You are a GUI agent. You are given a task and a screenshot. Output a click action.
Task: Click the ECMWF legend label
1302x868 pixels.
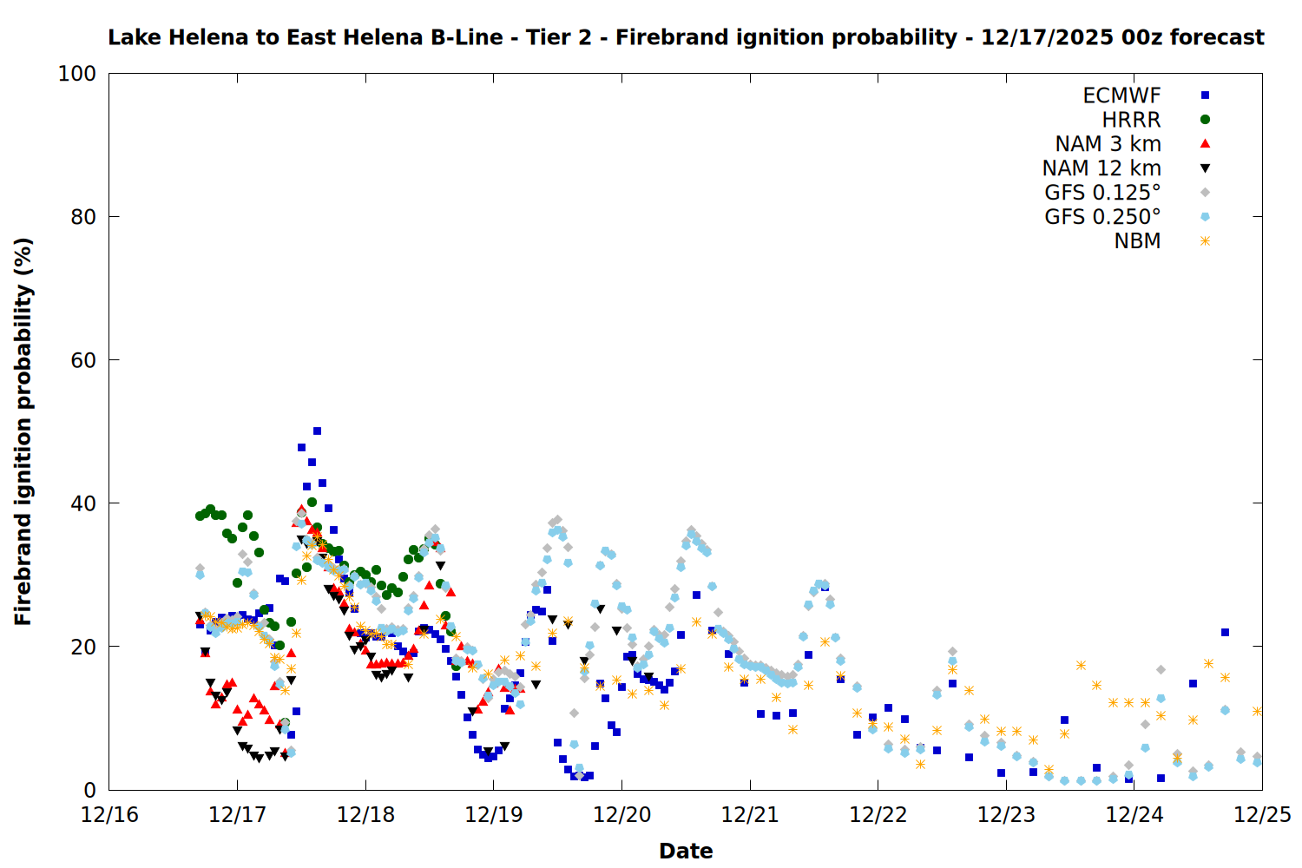pos(1121,95)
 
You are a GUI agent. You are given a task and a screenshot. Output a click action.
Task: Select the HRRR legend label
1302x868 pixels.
pos(1131,120)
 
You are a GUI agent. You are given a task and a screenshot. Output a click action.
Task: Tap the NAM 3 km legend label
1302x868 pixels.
pos(1108,144)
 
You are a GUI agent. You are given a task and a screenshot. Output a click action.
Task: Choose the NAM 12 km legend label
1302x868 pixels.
pos(1101,168)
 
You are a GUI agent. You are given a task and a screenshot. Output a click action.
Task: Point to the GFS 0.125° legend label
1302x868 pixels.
pos(1102,193)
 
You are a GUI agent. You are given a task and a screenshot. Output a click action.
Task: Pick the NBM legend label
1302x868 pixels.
pos(1137,241)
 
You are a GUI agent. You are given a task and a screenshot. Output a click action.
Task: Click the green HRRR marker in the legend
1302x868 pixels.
pos(1205,120)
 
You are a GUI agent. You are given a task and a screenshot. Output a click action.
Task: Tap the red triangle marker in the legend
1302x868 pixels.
pos(1205,144)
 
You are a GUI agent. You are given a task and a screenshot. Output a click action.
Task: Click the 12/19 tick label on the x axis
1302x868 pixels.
pos(494,815)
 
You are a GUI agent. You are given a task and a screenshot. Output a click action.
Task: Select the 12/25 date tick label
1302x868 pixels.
pos(1262,815)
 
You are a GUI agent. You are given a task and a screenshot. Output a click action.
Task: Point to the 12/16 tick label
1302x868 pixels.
pos(109,815)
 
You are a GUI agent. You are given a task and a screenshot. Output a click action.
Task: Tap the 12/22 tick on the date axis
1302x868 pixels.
pos(878,815)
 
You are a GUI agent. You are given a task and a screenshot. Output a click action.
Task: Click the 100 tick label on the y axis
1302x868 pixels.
pos(77,74)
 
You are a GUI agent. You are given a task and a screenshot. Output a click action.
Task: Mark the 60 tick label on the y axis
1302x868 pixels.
pos(83,360)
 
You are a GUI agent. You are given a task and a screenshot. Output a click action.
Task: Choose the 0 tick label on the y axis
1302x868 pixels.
pos(89,790)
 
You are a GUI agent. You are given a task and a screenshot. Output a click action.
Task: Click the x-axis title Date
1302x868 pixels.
pos(686,851)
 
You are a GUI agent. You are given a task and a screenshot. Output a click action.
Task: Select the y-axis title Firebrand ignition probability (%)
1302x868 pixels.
pos(23,431)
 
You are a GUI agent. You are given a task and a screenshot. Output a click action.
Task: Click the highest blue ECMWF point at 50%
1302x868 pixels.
pos(318,431)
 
